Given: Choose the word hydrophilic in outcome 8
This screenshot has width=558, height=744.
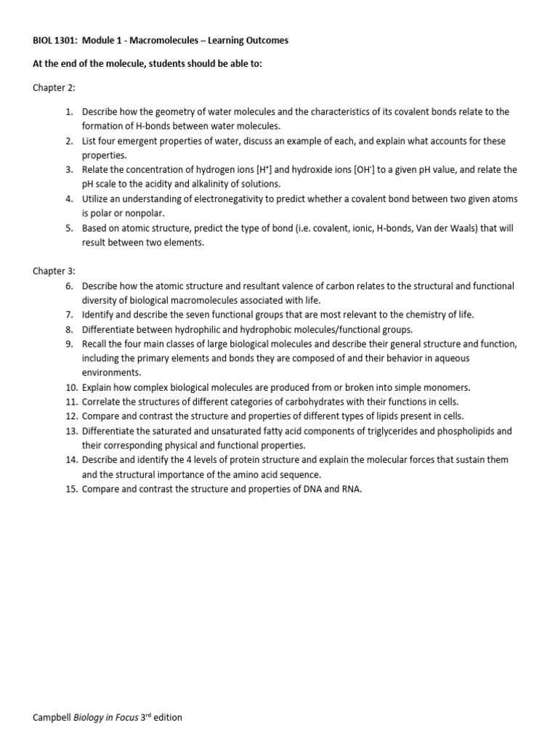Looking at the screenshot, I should click(x=184, y=329).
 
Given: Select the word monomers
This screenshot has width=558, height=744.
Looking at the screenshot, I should click(x=443, y=387).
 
